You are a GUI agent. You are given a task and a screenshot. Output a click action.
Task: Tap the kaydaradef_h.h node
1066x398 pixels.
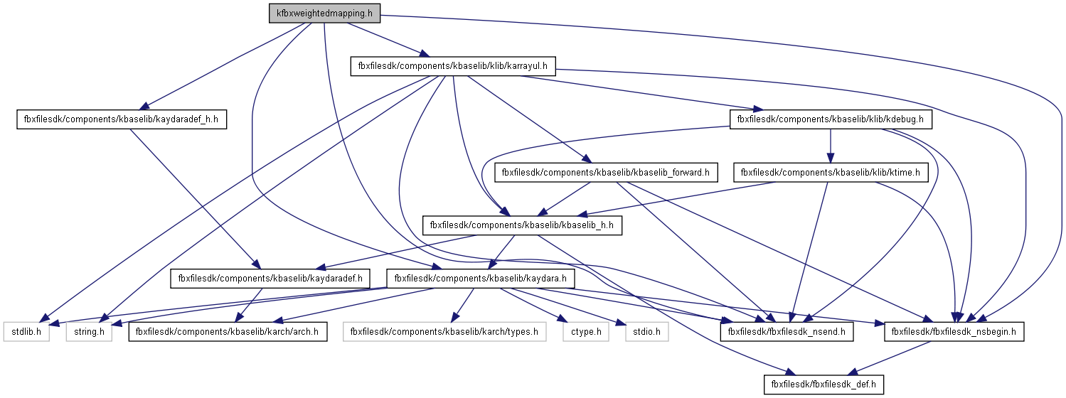[x=121, y=119]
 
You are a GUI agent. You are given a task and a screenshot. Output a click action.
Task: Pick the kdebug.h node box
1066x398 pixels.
[x=830, y=119]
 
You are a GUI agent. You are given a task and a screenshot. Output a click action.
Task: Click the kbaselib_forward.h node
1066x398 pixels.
[x=607, y=172]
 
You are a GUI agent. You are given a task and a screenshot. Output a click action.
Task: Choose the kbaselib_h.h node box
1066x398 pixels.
[x=523, y=225]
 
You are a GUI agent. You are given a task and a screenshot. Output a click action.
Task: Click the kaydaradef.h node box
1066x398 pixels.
[x=270, y=279]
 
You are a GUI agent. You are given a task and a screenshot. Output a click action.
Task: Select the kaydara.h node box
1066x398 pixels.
[x=480, y=279]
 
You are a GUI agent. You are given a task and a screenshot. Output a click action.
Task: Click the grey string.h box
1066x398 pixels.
[x=89, y=331]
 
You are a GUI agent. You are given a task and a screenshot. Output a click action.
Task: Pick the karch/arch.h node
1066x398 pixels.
[x=228, y=331]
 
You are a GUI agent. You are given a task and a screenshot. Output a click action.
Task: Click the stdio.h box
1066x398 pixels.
[x=647, y=331]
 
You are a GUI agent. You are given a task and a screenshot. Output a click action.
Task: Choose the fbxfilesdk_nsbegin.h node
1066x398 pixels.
[x=954, y=331]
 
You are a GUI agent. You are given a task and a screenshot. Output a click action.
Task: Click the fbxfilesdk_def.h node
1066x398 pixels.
[x=824, y=385]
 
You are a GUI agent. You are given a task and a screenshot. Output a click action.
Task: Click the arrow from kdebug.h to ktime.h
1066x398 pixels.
[x=831, y=146]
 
